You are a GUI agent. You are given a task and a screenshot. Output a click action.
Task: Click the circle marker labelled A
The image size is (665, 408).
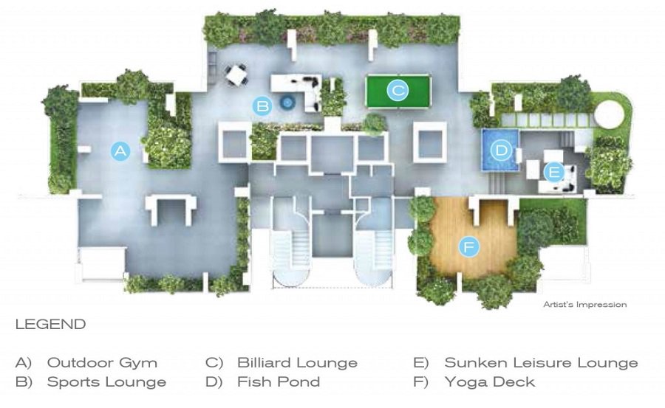click(x=120, y=151)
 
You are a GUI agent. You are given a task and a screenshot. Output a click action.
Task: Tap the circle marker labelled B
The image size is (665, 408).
click(x=262, y=106)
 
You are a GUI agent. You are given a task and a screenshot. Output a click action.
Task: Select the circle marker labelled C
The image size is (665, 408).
click(x=398, y=91)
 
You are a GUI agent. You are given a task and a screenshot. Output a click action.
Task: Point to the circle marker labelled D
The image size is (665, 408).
click(x=502, y=151)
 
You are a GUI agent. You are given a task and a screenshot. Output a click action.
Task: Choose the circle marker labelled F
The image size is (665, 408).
click(x=468, y=246)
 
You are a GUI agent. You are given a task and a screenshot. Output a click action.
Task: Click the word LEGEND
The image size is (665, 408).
click(x=50, y=325)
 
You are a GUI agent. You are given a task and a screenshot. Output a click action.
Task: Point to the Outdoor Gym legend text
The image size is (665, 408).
click(x=102, y=363)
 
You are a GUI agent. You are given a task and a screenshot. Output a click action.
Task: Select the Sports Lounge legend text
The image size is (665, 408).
click(x=106, y=382)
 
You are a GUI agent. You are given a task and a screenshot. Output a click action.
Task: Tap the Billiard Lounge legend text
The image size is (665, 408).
click(x=297, y=363)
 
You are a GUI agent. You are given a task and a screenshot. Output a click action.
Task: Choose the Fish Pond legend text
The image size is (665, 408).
click(x=279, y=382)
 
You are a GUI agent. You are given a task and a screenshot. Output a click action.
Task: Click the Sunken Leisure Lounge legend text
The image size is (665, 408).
click(x=541, y=363)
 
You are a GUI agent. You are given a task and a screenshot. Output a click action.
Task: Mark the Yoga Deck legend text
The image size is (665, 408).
click(x=490, y=382)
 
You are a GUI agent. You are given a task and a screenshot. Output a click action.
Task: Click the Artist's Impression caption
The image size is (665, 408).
click(x=585, y=305)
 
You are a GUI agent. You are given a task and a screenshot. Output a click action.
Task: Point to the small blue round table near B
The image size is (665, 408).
click(x=287, y=104)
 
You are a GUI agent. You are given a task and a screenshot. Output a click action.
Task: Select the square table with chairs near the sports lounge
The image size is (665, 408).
click(x=237, y=75)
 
